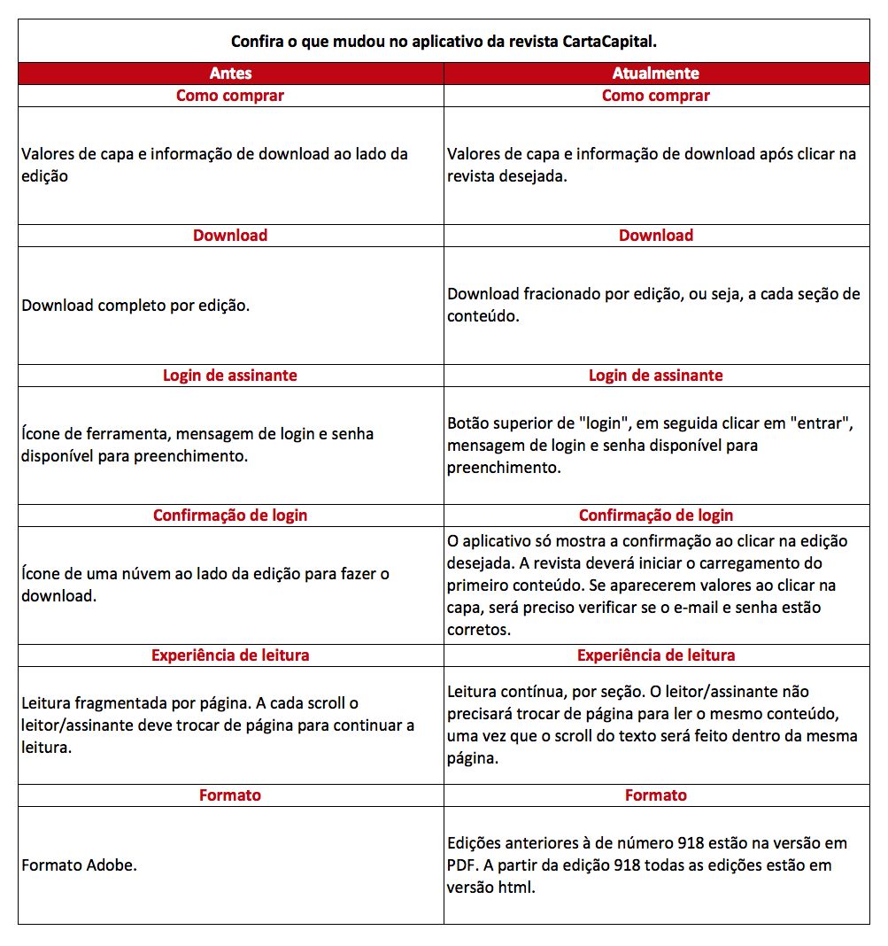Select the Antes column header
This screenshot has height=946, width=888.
[x=230, y=74]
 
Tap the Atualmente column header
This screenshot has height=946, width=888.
[x=656, y=74]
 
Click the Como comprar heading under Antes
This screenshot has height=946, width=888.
[x=230, y=96]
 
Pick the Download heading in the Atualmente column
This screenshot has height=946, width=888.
[x=656, y=236]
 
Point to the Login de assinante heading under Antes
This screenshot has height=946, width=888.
[x=230, y=376]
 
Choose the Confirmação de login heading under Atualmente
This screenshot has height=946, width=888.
[x=656, y=516]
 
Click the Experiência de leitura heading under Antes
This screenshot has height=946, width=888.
[x=230, y=655]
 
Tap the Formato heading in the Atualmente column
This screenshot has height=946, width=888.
[x=656, y=795]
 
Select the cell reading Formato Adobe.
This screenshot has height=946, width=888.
[x=80, y=865]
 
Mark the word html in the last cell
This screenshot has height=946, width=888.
[x=516, y=887]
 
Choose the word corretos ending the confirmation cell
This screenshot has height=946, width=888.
[x=479, y=630]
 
